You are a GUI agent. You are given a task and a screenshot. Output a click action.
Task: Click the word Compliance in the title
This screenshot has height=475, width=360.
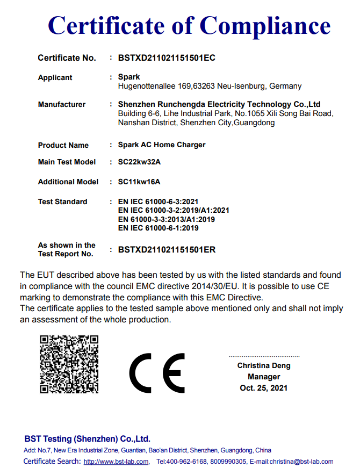(265, 25)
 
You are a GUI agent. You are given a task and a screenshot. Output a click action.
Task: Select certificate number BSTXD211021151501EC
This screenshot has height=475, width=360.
(167, 58)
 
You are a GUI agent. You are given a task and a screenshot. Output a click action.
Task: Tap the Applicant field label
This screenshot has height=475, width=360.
(55, 77)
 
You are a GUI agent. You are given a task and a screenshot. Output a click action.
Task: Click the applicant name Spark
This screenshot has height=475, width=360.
(129, 77)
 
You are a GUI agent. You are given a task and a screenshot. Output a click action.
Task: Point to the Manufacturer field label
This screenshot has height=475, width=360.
(61, 104)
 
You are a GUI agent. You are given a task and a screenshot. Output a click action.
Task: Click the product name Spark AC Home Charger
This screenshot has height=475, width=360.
(162, 145)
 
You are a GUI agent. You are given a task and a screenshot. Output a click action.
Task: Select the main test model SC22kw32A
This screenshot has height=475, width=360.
(139, 162)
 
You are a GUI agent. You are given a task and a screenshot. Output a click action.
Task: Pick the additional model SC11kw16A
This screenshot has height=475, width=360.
(139, 182)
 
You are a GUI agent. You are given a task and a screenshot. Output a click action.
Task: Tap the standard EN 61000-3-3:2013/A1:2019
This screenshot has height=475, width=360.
(166, 219)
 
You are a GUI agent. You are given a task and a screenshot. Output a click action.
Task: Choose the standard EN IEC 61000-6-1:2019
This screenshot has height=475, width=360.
(158, 228)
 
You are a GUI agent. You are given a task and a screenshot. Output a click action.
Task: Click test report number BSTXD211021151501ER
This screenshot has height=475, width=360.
(167, 249)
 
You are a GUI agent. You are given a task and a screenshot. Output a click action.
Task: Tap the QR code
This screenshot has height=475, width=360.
(69, 364)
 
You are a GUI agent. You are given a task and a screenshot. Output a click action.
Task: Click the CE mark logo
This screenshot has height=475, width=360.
(157, 373)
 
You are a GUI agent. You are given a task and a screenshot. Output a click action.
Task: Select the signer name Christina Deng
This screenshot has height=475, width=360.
(264, 365)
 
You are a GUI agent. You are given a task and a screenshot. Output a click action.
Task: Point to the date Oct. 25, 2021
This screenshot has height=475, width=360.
(264, 388)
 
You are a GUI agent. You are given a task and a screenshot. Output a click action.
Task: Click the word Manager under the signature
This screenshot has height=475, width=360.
(264, 377)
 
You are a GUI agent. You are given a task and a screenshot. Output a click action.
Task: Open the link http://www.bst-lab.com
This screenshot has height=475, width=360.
(116, 462)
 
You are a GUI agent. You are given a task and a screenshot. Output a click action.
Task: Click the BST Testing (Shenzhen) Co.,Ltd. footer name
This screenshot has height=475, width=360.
(88, 438)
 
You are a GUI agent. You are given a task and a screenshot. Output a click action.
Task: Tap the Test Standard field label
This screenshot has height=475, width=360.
(62, 201)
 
